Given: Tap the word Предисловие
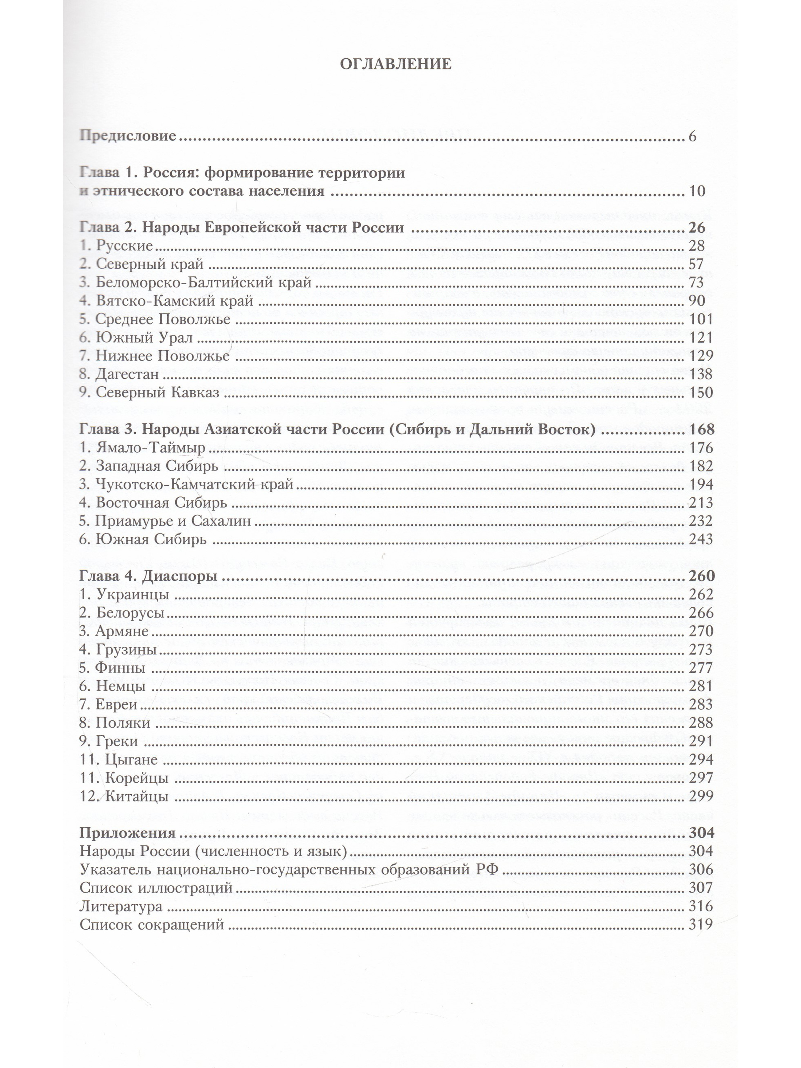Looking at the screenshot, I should pyautogui.click(x=127, y=136).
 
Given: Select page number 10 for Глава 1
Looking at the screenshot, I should pyautogui.click(x=697, y=191).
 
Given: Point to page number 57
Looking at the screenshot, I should pyautogui.click(x=696, y=264).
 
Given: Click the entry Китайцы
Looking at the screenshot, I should pyautogui.click(x=137, y=796).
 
